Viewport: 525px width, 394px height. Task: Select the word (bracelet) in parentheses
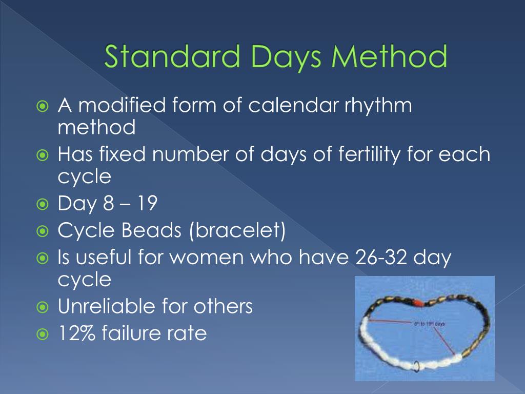[x=238, y=230]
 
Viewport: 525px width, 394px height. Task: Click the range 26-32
[x=379, y=257]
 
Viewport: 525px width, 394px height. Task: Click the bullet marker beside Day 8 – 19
[x=43, y=205]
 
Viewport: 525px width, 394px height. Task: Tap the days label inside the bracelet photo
[x=429, y=324]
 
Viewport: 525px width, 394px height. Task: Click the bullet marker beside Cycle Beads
[x=43, y=231]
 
